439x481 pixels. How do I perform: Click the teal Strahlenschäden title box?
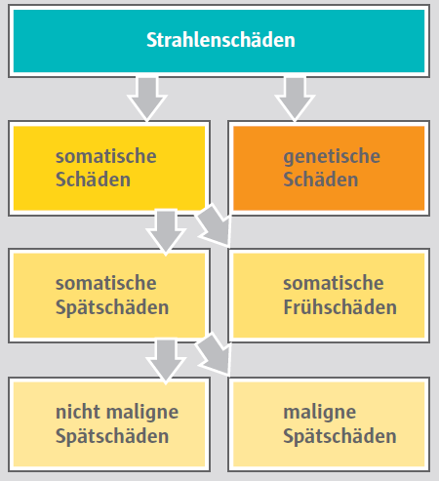tap(219, 41)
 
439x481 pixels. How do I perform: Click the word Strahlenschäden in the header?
tap(220, 40)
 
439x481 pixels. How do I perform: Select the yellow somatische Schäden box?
tap(109, 168)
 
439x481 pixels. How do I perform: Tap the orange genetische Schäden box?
tap(329, 168)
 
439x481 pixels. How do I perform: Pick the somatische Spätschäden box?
tap(109, 296)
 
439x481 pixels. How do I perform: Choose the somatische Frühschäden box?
tap(329, 296)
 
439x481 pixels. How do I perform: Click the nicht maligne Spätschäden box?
tap(109, 424)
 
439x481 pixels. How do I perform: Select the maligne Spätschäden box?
tap(329, 424)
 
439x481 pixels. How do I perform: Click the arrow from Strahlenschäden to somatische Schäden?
tap(147, 99)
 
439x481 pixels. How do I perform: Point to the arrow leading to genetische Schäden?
tap(295, 99)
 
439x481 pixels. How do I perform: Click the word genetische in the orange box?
tap(332, 157)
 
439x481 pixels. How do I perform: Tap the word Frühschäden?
tap(340, 307)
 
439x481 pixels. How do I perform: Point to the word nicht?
tap(78, 412)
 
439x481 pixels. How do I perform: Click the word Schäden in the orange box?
tap(321, 180)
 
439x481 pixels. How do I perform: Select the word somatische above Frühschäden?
tap(334, 283)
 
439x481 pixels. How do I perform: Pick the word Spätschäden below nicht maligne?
tap(112, 436)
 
